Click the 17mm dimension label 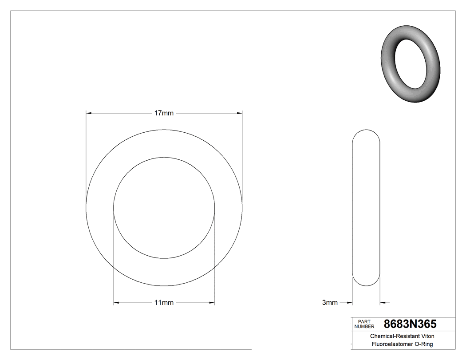coord(164,113)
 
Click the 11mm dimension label coord(164,303)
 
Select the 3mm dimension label coord(330,303)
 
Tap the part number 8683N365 coord(410,324)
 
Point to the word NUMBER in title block coord(365,327)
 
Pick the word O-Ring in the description coord(424,344)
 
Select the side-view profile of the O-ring coord(366,208)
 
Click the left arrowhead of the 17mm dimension coord(88,113)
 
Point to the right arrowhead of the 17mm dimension coord(240,113)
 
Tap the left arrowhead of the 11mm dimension coord(116,303)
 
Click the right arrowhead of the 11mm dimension coord(212,303)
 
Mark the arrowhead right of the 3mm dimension coord(383,303)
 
